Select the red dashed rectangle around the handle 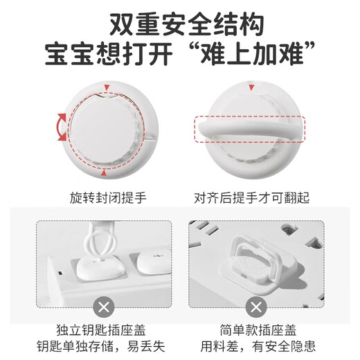tap(249, 129)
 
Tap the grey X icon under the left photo tap(104, 307)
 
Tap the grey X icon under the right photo tap(255, 307)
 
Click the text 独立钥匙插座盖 tap(104, 330)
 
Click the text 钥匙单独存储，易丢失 tap(104, 346)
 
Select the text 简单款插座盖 tap(255, 330)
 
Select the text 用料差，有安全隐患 tap(255, 346)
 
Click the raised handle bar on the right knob tap(249, 129)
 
